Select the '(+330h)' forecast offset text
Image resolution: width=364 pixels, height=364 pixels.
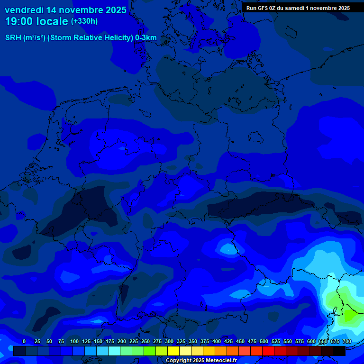(85, 21)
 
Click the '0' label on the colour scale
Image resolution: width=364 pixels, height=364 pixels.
(24, 341)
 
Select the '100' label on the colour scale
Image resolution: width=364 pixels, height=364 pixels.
(74, 341)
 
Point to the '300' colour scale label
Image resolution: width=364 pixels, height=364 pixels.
(169, 341)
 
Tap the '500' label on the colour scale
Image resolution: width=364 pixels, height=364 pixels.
(264, 341)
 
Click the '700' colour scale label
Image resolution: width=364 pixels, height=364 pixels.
(346, 341)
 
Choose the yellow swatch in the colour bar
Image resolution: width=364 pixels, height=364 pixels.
(173, 351)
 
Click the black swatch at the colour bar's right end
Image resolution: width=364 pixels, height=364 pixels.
(339, 351)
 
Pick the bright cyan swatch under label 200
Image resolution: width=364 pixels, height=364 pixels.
(114, 351)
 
